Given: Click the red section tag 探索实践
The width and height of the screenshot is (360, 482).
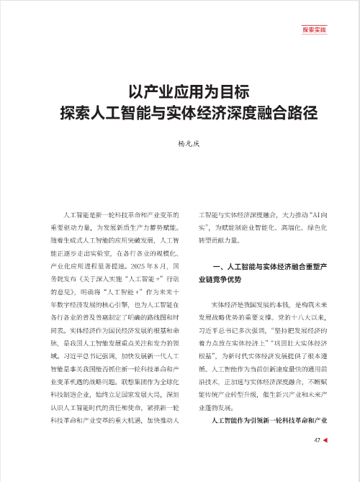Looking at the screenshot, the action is [x=314, y=30].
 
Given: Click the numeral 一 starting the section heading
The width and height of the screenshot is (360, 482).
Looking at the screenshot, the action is [x=207, y=266].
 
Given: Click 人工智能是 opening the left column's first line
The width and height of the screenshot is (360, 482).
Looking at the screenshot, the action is [x=78, y=215].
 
